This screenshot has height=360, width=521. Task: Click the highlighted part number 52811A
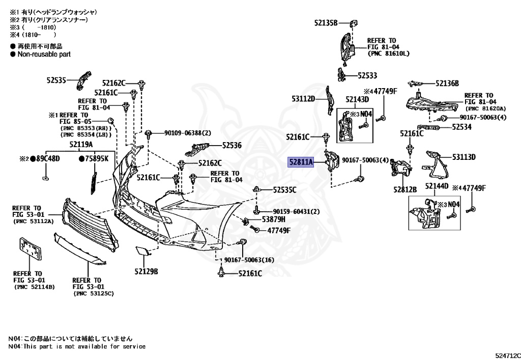pyautogui.click(x=302, y=162)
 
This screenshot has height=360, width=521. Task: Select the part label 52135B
pyautogui.click(x=326, y=22)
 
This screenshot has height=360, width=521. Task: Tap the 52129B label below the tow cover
pyautogui.click(x=146, y=270)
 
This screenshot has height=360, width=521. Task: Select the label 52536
pyautogui.click(x=231, y=145)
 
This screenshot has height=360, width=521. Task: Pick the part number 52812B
pyautogui.click(x=404, y=189)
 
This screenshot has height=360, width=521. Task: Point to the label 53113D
pyautogui.click(x=464, y=157)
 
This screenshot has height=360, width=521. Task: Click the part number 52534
pyautogui.click(x=461, y=127)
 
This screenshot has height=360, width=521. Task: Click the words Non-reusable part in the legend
pyautogui.click(x=44, y=54)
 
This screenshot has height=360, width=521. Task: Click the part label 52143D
pyautogui.click(x=357, y=99)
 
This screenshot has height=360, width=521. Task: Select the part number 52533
pyautogui.click(x=367, y=75)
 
